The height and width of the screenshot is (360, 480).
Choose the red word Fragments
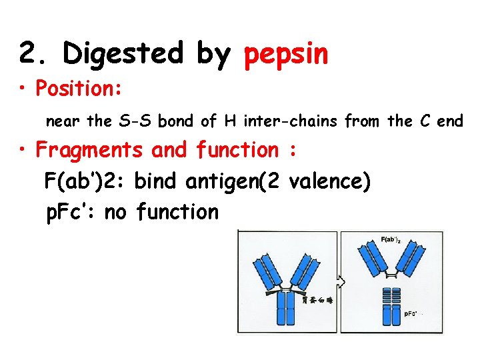pyautogui.click(x=90, y=150)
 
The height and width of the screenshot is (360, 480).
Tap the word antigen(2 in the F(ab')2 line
pyautogui.click(x=237, y=181)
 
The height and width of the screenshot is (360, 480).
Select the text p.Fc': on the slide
pyautogui.click(x=71, y=212)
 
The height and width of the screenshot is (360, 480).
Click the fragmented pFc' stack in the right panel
pyautogui.click(x=392, y=306)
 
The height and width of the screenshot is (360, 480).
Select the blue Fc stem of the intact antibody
pyautogui.click(x=287, y=310)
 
